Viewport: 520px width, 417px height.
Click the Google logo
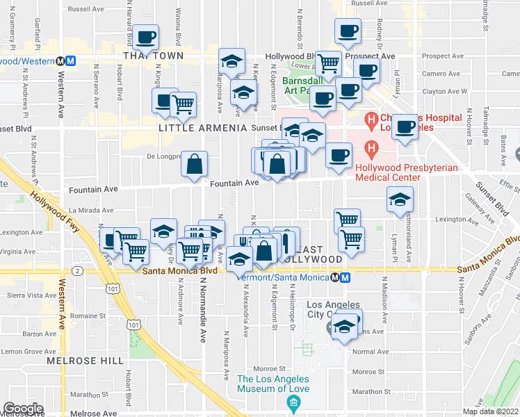tap(24, 409)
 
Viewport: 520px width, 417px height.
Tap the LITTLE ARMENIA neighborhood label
tap(203, 129)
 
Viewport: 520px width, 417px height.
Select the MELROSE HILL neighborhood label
tap(76, 361)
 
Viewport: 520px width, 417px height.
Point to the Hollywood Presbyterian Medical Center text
tap(388, 172)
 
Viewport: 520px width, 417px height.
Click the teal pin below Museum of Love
tap(294, 403)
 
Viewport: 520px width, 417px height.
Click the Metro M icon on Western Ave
tap(70, 60)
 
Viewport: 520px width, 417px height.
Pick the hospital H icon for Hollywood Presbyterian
tap(372, 148)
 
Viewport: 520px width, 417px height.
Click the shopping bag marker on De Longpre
tap(195, 164)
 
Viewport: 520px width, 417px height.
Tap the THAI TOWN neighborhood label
tap(153, 56)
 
